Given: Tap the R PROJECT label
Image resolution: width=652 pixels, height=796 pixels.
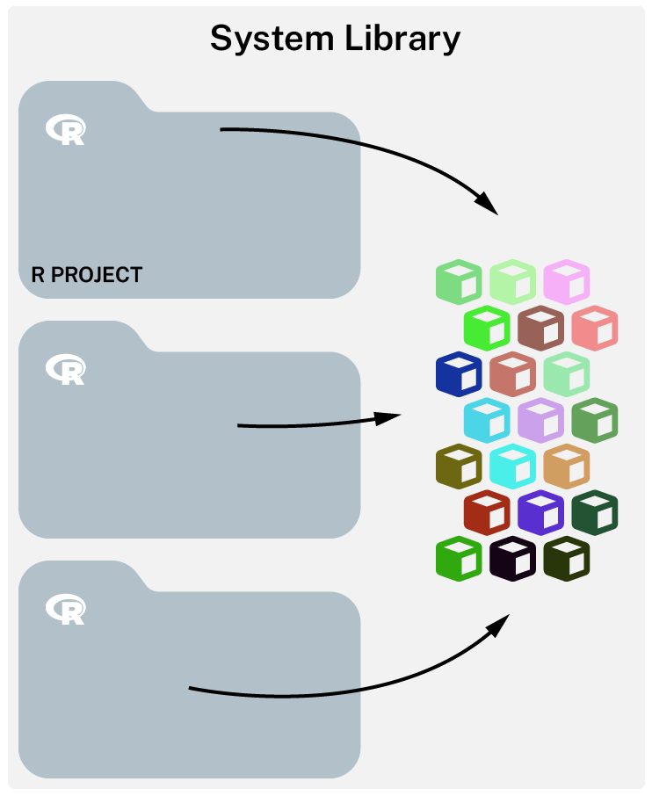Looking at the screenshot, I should point(86,274).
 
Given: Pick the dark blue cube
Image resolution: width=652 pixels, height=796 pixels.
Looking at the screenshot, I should point(459,373).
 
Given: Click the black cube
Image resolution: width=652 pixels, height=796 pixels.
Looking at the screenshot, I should point(512,557).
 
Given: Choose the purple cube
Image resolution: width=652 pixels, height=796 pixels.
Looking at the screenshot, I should point(540,511).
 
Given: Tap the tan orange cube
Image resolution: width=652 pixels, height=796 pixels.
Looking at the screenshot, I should point(567,466).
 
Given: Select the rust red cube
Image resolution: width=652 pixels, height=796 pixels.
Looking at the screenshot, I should point(486,511).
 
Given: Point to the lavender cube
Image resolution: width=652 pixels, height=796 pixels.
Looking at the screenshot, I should point(540,419).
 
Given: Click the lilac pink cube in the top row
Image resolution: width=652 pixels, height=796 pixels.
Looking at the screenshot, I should point(567,281).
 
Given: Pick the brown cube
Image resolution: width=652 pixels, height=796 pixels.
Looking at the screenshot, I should point(540,327).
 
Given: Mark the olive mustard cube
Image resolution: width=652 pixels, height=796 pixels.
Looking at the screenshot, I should point(459,466).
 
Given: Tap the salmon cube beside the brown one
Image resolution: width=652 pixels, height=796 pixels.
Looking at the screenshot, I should point(594,327).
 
